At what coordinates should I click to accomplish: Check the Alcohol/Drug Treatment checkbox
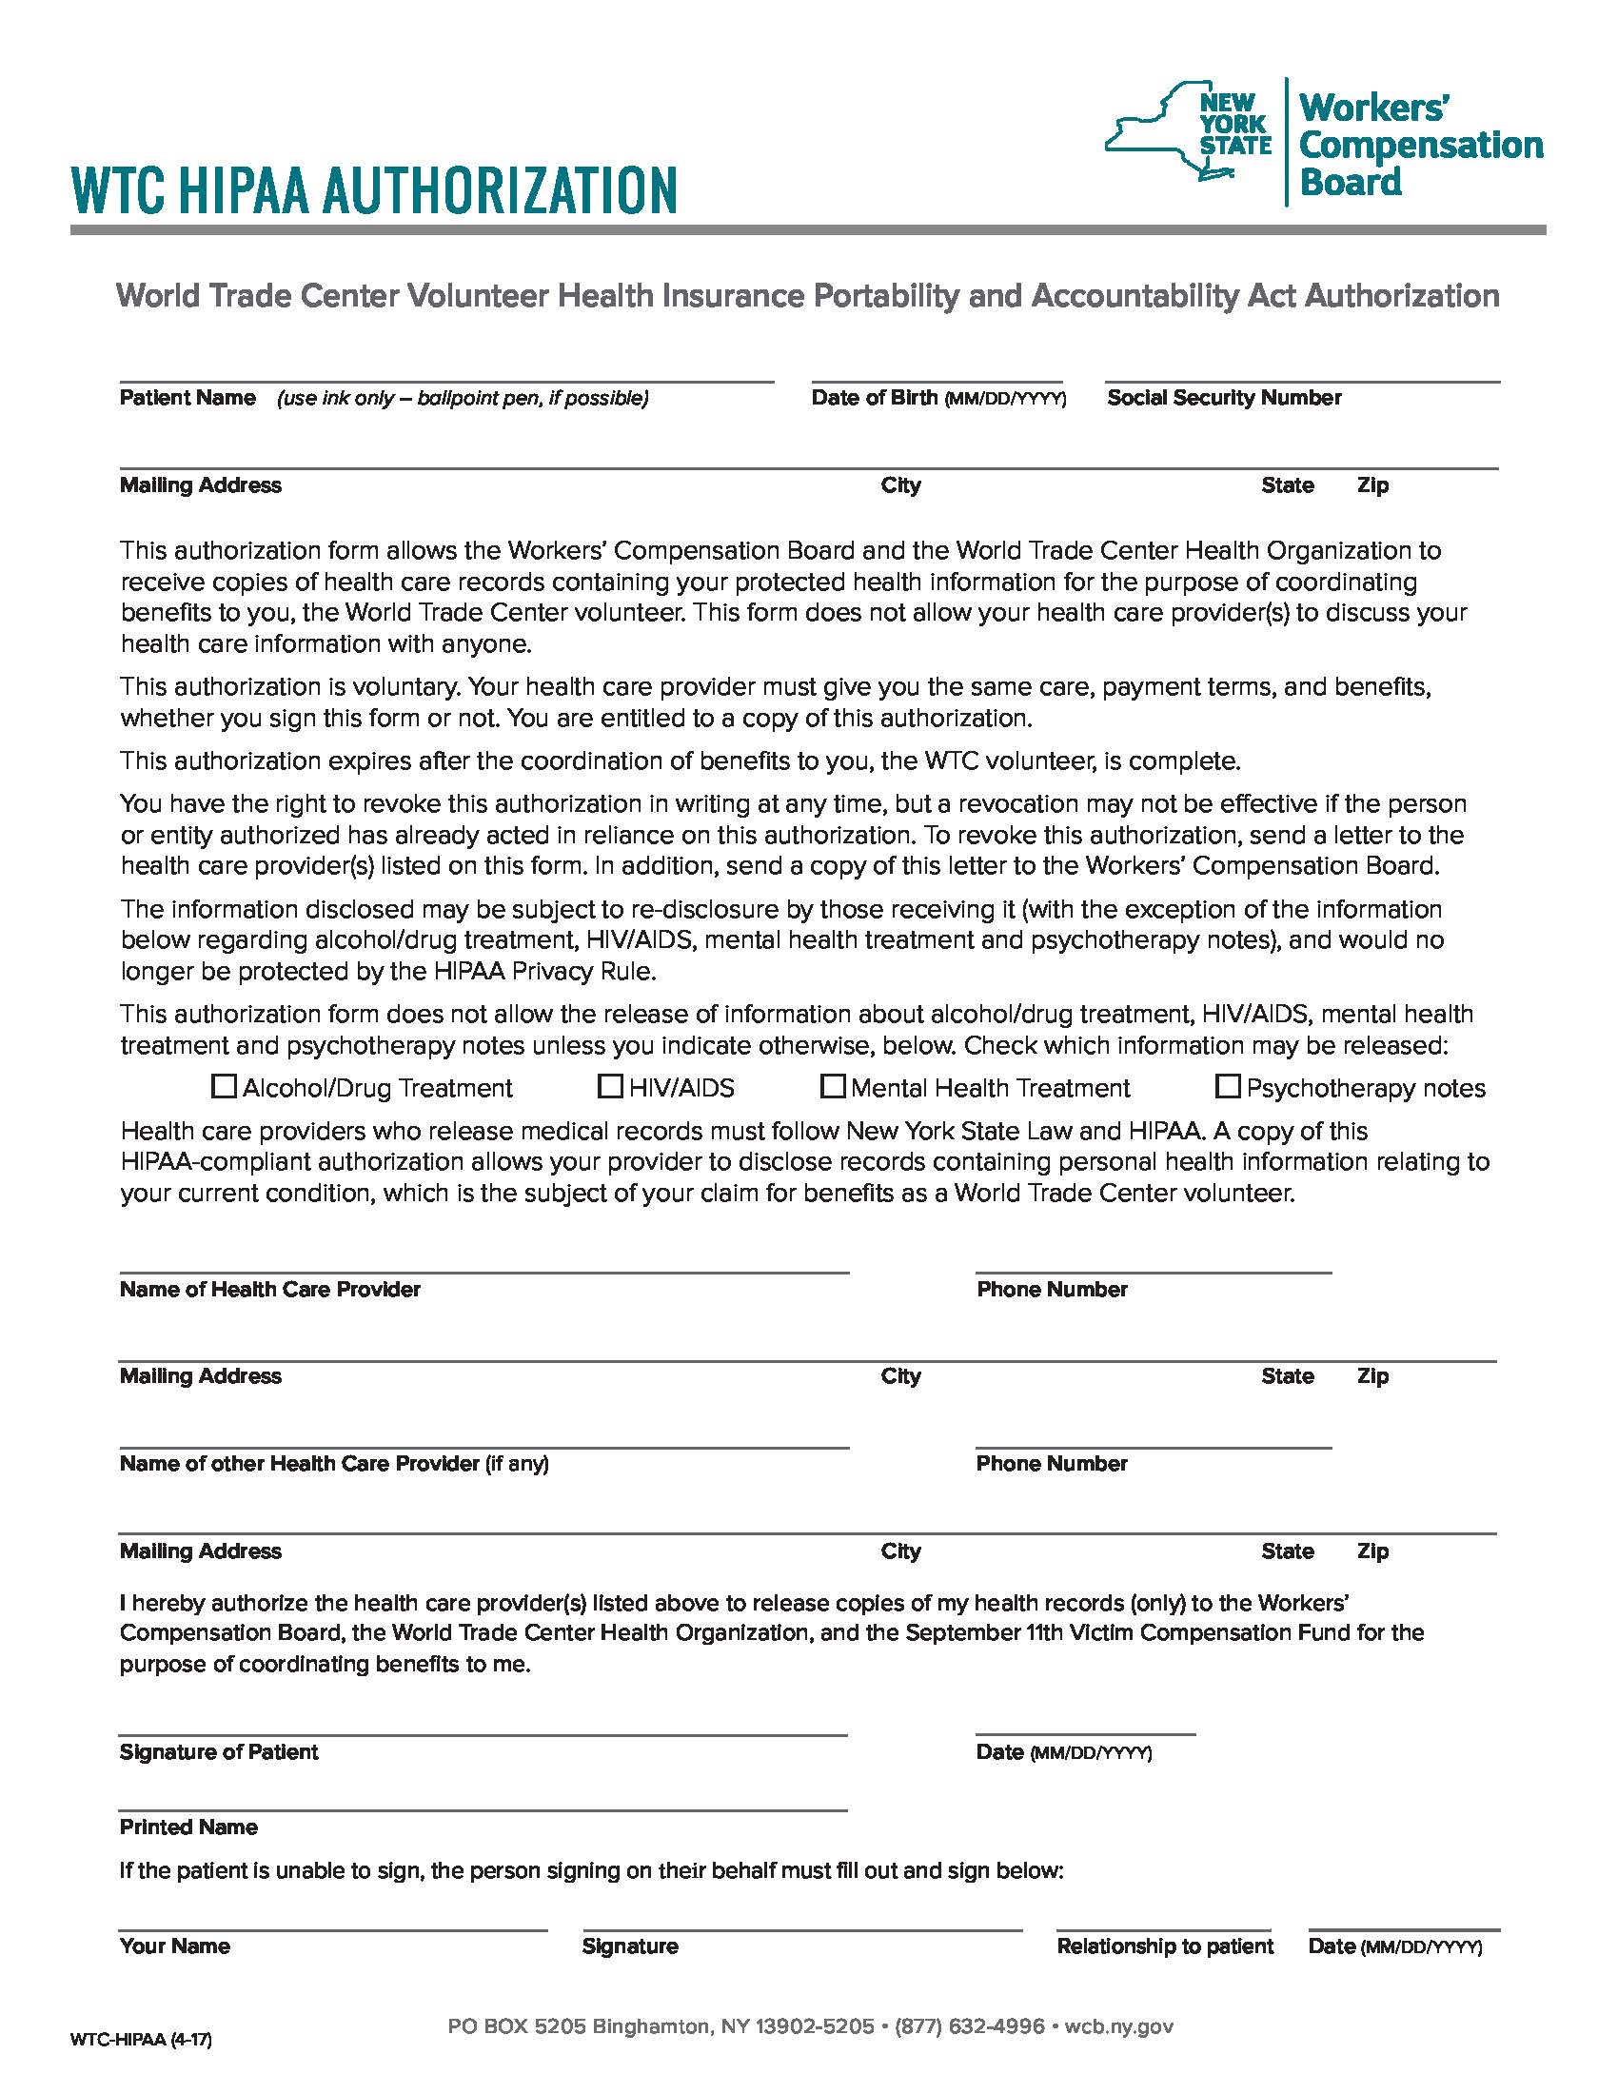(224, 1086)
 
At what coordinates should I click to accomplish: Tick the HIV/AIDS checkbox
(610, 1086)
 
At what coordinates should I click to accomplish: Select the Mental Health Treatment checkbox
(833, 1086)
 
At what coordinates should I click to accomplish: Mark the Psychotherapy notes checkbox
(1227, 1086)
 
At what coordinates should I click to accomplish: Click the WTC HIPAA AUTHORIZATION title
(375, 188)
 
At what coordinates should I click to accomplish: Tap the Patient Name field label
(187, 398)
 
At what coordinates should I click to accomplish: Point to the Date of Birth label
(873, 398)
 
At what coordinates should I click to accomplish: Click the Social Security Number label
(1224, 398)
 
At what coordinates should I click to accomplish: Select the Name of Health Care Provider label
(270, 1290)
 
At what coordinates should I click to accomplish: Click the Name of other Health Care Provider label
(299, 1464)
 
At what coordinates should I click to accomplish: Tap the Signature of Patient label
(219, 1752)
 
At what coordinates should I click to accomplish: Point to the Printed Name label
(188, 1827)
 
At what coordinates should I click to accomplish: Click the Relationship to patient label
(1165, 1946)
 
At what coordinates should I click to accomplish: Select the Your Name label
(175, 1946)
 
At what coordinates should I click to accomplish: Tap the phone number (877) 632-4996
(969, 2026)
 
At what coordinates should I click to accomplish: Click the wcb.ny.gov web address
(1118, 2026)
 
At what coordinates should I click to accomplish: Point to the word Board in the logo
(1352, 181)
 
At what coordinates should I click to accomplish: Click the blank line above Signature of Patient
(483, 1724)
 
